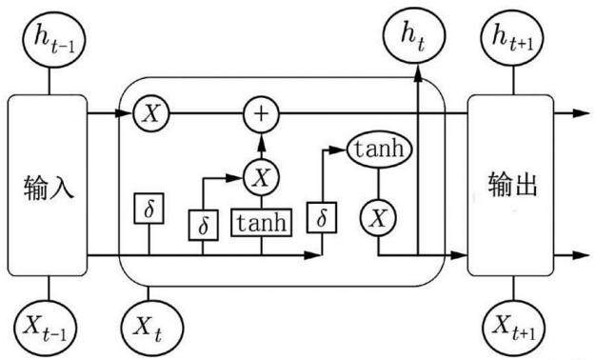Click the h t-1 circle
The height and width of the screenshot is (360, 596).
54,39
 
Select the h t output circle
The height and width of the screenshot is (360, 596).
413,37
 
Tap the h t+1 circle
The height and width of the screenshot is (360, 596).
512,38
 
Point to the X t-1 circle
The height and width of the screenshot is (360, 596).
46,328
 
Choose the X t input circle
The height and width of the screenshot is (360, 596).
151,328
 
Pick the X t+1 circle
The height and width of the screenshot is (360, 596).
513,329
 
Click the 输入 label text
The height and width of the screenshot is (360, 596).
49,187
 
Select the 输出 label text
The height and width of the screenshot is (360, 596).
513,185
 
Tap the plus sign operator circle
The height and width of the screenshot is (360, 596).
261,114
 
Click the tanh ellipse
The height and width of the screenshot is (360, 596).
379,150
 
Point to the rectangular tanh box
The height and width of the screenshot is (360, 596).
262,223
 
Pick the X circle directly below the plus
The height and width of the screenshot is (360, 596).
261,177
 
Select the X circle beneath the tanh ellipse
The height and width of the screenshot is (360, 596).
378,218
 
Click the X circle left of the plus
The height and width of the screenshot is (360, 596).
151,113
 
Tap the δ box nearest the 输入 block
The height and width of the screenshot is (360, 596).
149,209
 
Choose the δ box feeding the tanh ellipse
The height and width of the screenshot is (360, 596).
322,217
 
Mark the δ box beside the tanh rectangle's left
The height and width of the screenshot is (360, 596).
204,225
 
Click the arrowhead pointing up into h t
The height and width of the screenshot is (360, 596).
418,73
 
